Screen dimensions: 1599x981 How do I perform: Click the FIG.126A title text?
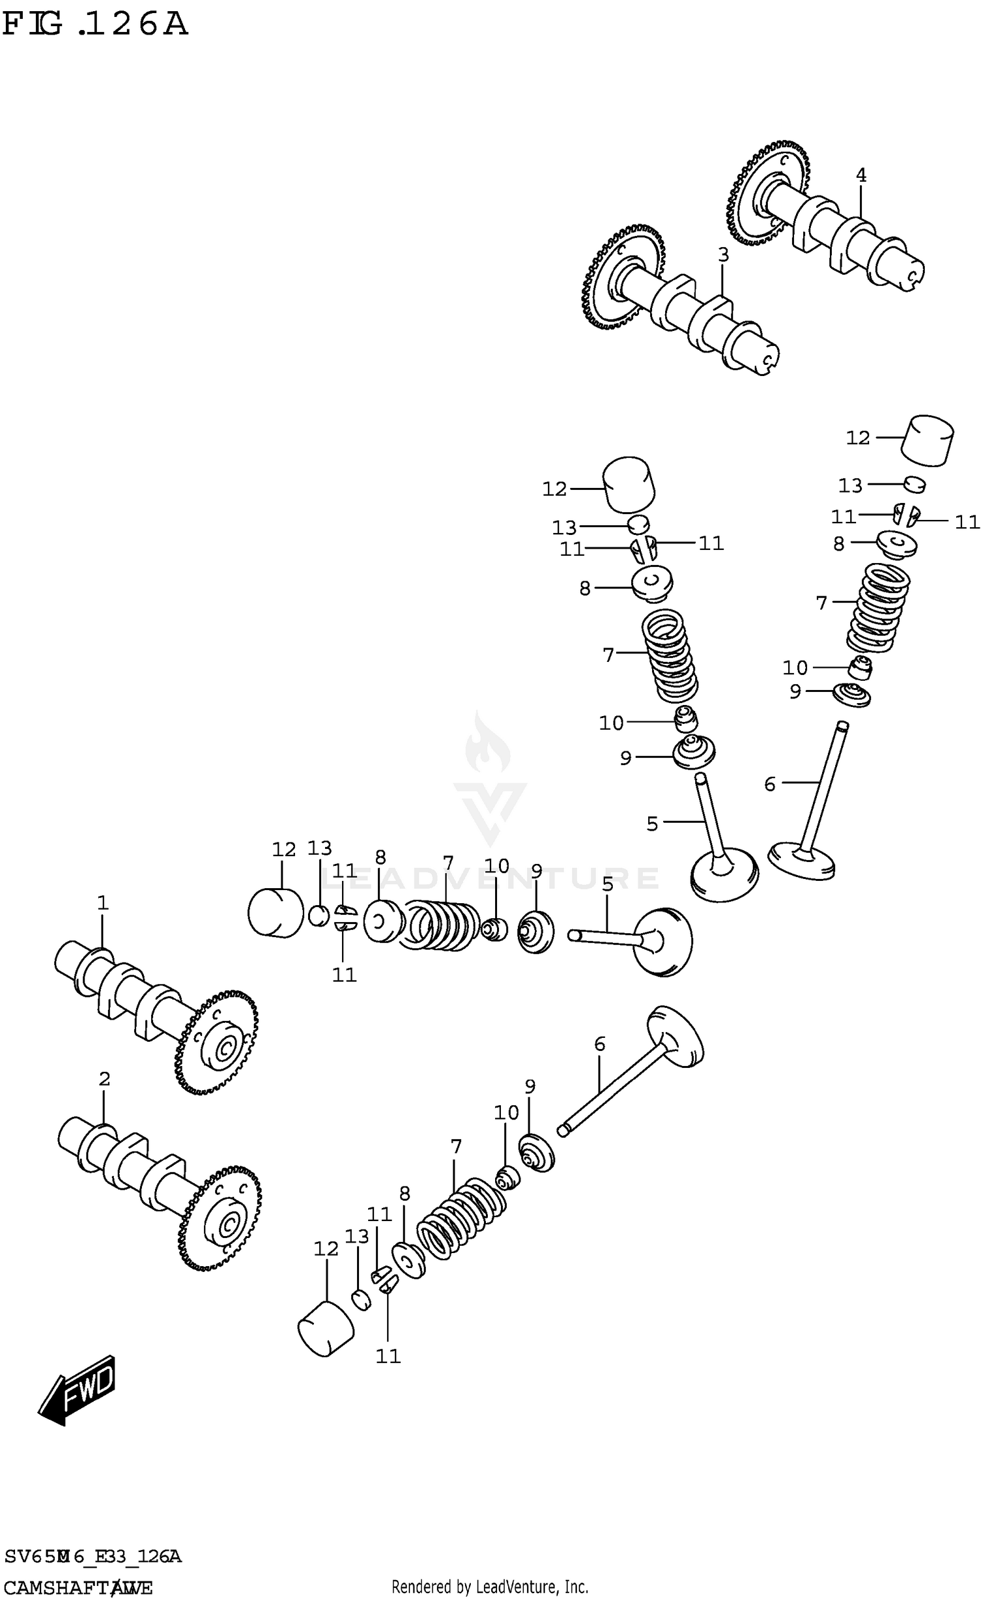point(95,24)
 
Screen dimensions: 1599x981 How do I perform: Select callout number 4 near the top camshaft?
point(861,175)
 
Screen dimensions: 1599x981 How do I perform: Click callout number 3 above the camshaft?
point(723,255)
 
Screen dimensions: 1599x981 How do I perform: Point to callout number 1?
point(103,903)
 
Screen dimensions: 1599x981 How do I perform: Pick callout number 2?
point(104,1079)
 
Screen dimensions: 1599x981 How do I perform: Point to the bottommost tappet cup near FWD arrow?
point(326,1328)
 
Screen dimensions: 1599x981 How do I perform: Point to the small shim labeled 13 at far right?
point(915,485)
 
